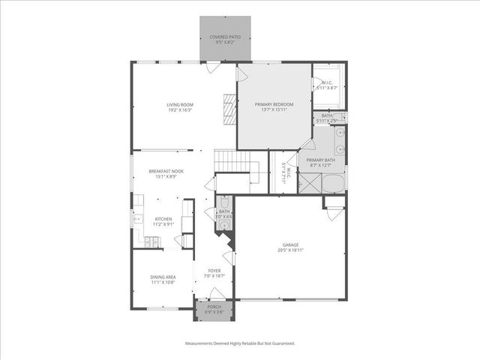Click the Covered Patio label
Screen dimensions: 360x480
coord(225,36)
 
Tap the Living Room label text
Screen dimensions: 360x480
coord(179,104)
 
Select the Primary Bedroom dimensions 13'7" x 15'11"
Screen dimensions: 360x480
coord(273,109)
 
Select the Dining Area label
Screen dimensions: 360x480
coord(163,277)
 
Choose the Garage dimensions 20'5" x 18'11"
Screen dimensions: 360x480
coord(290,250)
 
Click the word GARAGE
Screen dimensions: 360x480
coord(290,244)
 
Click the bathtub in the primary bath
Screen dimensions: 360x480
coord(334,184)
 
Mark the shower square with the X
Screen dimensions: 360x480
coord(310,184)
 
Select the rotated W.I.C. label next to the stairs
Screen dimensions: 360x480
coord(284,174)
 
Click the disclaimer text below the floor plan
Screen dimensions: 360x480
coord(240,343)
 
